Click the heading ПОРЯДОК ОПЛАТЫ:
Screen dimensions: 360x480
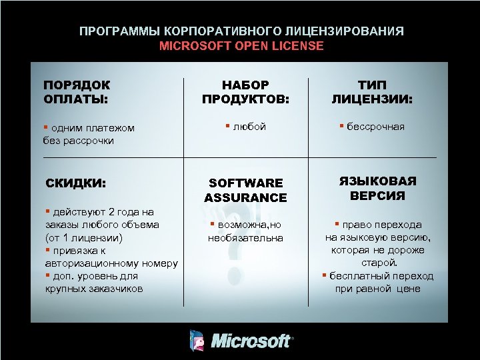point(77,92)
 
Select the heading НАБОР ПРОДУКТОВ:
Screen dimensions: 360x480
point(245,92)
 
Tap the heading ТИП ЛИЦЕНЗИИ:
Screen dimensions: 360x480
point(372,92)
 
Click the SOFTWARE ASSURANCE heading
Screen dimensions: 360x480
point(245,190)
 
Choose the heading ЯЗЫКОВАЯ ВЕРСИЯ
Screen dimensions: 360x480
point(378,189)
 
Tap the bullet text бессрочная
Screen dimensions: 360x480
point(375,127)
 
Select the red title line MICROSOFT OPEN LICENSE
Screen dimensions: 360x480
point(241,46)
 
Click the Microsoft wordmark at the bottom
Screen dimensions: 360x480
point(251,341)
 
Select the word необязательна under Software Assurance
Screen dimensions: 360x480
point(245,238)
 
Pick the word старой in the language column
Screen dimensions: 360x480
point(377,263)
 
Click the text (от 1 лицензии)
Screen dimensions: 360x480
point(83,237)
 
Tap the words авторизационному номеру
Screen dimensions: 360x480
point(111,263)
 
